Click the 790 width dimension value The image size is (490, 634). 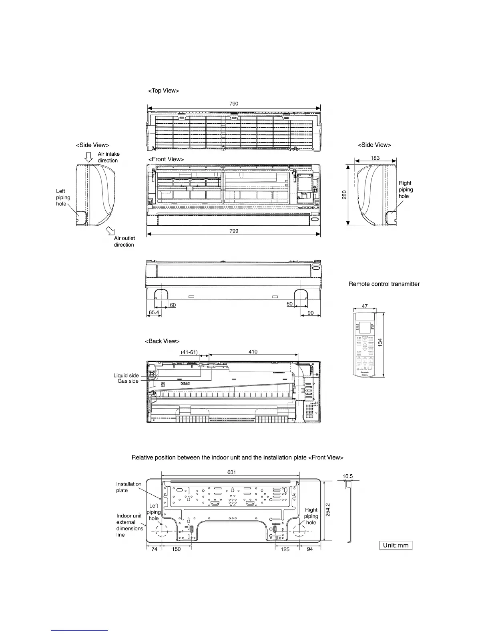pos(234,104)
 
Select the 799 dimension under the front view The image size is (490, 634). pos(234,231)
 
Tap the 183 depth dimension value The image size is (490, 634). pos(375,158)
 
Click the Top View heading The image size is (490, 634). pos(163,91)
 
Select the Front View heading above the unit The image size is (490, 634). pos(166,159)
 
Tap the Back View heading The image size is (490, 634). pos(162,341)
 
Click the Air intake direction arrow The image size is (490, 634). pos(89,158)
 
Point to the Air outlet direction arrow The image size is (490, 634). pos(109,231)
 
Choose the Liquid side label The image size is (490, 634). pos(126,375)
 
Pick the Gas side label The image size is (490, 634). pos(128,381)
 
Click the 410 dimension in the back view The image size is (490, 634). pos(253,352)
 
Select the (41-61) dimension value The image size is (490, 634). pos(189,352)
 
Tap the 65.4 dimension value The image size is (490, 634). pos(154,313)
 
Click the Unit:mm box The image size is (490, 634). pos(396,545)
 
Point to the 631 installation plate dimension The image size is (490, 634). pos(231,472)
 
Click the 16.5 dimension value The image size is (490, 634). pos(348,476)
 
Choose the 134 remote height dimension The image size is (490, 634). pos(381,342)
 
